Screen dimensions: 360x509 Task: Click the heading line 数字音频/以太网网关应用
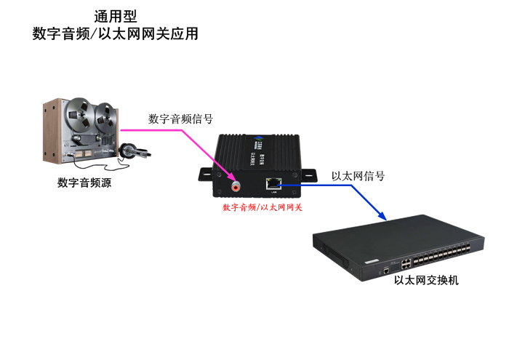pos(115,33)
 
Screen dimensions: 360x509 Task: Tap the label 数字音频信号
pos(180,119)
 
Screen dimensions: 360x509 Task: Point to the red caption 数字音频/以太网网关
pos(262,207)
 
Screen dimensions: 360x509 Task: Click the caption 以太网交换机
pos(426,280)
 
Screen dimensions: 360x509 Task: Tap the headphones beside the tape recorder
pos(132,151)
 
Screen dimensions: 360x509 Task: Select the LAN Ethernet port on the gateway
pos(273,184)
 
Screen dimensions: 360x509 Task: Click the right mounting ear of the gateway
pos(308,175)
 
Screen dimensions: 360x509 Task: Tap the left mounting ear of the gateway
pos(207,173)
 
